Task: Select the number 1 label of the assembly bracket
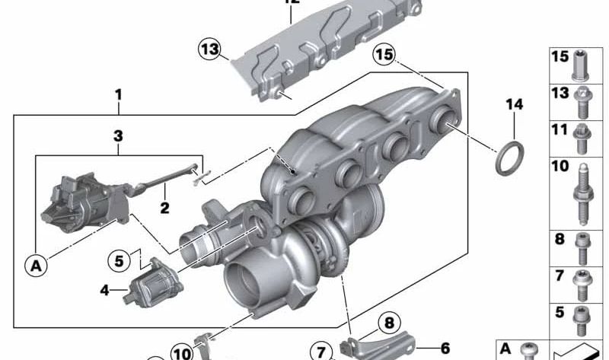click(x=118, y=95)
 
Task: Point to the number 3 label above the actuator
click(x=118, y=136)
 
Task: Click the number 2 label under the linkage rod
click(x=164, y=207)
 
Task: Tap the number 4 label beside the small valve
click(x=104, y=289)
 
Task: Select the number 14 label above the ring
click(x=515, y=105)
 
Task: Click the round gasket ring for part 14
click(x=509, y=158)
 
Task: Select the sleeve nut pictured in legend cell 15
click(x=582, y=67)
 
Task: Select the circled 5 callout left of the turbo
click(x=119, y=260)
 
